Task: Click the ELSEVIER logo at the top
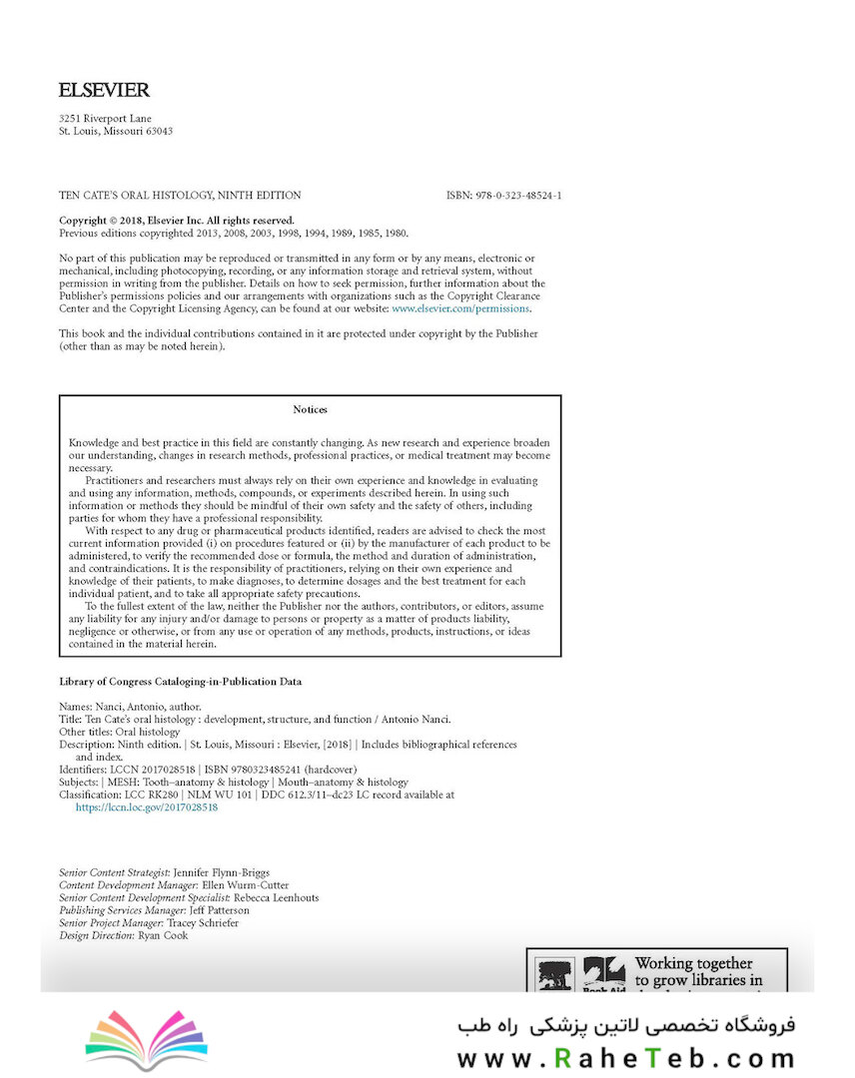point(104,91)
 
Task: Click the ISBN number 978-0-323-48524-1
point(503,196)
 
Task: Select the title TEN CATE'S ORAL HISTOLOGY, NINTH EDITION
point(180,196)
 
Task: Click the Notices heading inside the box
point(310,409)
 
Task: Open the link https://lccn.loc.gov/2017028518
point(147,808)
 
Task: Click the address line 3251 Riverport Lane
point(106,119)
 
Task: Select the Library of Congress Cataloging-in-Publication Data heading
point(180,682)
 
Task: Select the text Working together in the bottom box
point(693,963)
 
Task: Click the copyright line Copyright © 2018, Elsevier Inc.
point(177,221)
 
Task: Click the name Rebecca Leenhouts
point(277,897)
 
